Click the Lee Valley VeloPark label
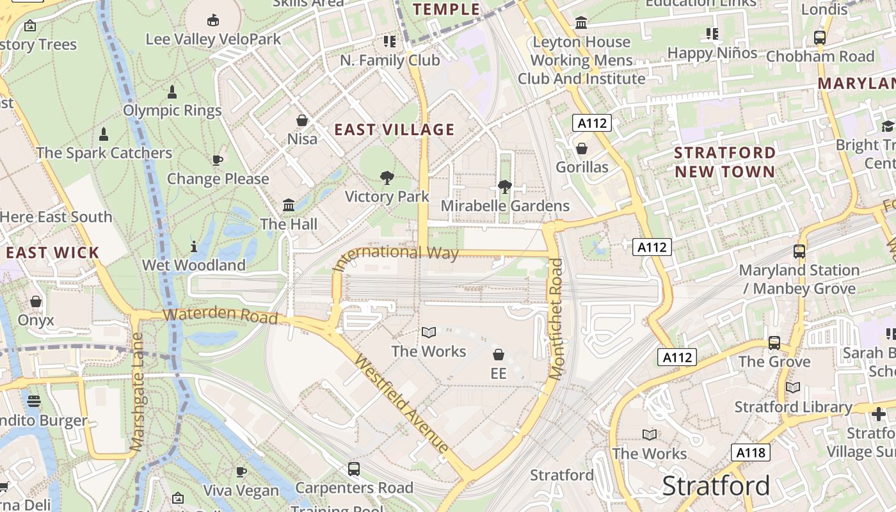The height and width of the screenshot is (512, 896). pos(213,39)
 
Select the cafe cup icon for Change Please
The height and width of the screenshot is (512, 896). pos(217,160)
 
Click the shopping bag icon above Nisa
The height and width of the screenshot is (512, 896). pos(302,120)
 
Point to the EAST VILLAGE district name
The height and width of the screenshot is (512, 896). pos(394,130)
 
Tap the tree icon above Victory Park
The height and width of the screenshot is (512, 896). pos(387,177)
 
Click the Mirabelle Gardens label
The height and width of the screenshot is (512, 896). pos(505,205)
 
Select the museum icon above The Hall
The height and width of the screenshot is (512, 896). pos(289,205)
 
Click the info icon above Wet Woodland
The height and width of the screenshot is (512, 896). pos(194,246)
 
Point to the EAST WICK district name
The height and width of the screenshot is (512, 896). pos(52,252)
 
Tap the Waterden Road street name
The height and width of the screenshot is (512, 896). pos(220,315)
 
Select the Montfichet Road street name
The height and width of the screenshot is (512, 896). pos(556,318)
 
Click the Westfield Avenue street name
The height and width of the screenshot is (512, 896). pos(401,404)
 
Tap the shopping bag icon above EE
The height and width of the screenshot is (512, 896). pos(499,355)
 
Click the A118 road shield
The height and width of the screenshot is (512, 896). pos(750,453)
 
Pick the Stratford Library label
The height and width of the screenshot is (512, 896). pos(793,407)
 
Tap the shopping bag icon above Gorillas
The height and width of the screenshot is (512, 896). pos(582,149)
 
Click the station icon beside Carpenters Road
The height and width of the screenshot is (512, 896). pos(354,469)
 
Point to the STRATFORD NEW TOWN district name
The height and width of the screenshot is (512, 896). pos(724,162)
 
